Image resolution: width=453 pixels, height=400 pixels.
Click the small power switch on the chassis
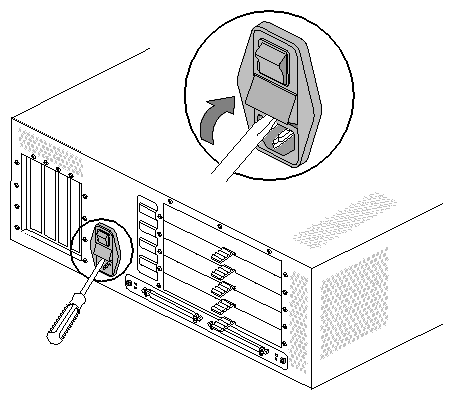coord(103,240)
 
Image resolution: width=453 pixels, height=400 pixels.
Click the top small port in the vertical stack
coord(148,211)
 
